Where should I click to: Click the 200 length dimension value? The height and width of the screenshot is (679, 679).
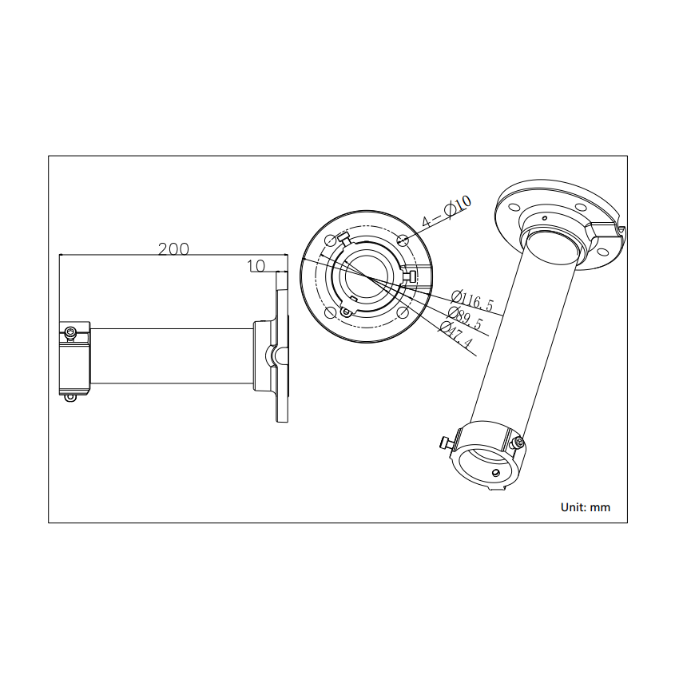[173, 248]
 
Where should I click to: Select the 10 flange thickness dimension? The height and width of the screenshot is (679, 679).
[256, 265]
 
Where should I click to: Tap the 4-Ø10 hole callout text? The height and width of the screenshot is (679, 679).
[447, 211]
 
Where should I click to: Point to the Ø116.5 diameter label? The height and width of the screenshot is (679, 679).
[473, 302]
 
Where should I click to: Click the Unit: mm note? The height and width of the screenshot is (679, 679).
[585, 506]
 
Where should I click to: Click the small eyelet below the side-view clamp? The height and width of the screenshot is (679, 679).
[70, 396]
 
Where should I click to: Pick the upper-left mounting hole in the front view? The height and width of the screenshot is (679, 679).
[330, 240]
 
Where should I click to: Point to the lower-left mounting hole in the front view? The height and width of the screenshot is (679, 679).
[330, 312]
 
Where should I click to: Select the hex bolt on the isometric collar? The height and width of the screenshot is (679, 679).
[520, 442]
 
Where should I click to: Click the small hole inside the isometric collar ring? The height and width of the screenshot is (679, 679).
[496, 473]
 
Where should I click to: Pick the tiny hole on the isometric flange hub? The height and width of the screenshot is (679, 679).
[545, 217]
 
